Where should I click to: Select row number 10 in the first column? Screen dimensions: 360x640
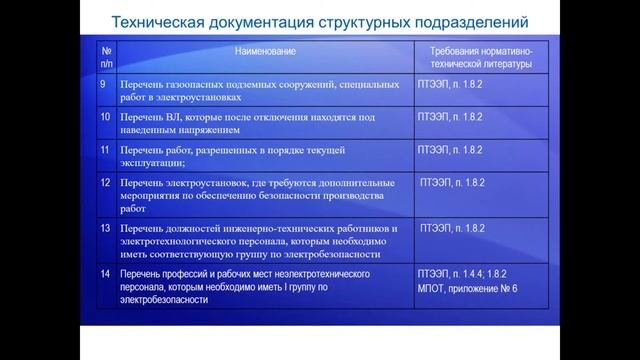105,118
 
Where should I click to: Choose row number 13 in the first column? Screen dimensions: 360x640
105,228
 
